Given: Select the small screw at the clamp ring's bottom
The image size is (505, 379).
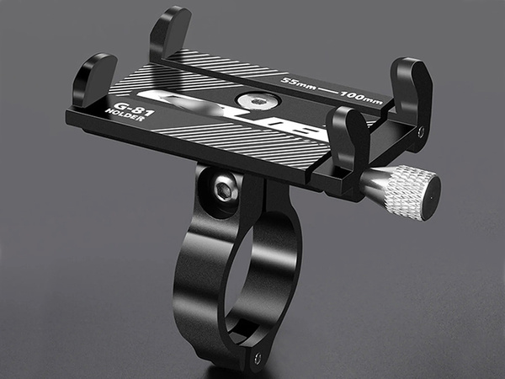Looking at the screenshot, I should [258, 358].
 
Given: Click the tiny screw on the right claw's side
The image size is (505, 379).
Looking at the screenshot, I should [421, 131].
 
